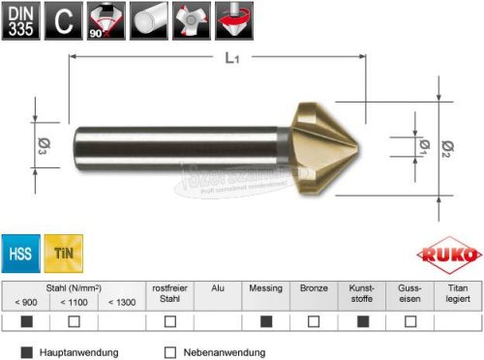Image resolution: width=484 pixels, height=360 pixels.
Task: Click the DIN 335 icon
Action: pos(19,19)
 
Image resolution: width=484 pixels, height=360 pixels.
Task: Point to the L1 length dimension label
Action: pos(231,59)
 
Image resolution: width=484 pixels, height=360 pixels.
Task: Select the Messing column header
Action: pos(265,288)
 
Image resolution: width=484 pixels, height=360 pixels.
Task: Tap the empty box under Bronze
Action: pos(313,320)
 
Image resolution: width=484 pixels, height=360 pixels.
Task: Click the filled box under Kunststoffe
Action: pos(361,320)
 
